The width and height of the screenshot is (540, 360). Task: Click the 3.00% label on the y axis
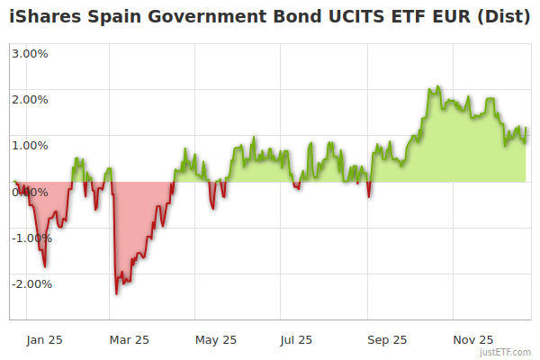tap(30, 53)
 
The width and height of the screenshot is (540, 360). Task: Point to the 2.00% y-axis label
tap(30, 99)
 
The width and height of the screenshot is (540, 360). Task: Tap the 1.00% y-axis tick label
tap(30, 145)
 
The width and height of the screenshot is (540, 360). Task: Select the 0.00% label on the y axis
tap(30, 192)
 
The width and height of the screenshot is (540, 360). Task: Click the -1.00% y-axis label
tap(31, 238)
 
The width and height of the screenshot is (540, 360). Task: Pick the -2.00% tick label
tap(31, 283)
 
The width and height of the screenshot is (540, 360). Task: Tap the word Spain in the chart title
tap(111, 16)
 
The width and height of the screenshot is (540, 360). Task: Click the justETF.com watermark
tap(505, 352)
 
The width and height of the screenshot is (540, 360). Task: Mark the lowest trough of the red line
tap(116, 293)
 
